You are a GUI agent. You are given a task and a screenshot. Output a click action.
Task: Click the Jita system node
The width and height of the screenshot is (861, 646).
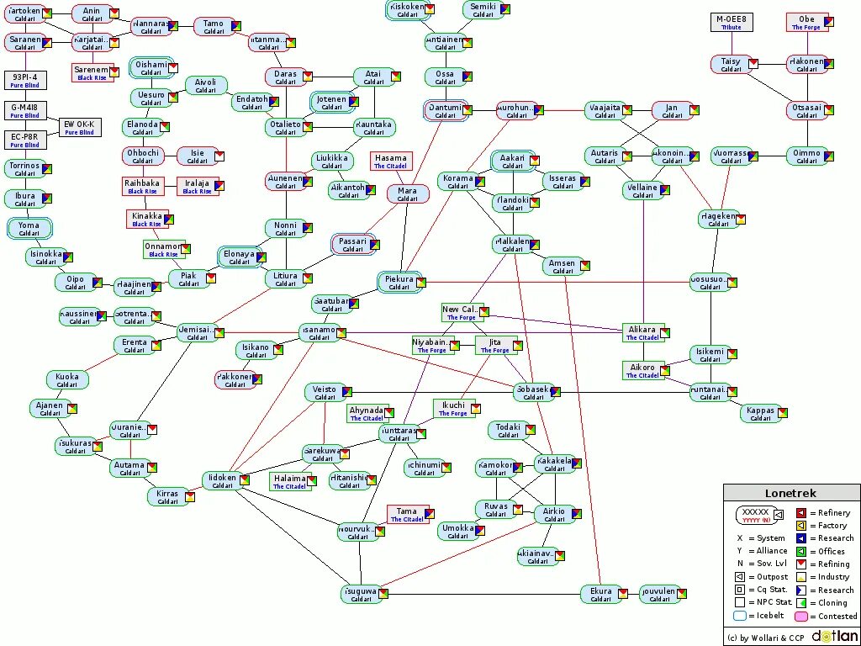[x=496, y=345]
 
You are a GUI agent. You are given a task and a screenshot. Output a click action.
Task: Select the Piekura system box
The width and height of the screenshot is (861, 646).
[x=399, y=283]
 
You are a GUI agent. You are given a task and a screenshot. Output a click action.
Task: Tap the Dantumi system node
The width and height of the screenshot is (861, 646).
[x=446, y=111]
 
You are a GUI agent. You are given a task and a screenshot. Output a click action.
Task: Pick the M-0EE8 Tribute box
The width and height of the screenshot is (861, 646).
[x=732, y=23]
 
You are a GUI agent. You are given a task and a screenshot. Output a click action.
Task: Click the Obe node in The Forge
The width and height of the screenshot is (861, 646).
[x=806, y=23]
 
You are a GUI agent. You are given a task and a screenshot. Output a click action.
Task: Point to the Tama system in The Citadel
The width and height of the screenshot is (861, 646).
[x=407, y=515]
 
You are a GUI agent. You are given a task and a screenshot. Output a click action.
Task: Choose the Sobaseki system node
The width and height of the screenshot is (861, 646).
[x=534, y=393]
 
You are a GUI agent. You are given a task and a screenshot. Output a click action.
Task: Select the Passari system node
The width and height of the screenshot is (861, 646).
[x=353, y=245]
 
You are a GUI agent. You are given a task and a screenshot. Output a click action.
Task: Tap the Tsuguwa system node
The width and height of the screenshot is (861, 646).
[x=362, y=594]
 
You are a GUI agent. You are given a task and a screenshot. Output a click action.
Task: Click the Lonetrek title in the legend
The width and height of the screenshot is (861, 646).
[x=790, y=494]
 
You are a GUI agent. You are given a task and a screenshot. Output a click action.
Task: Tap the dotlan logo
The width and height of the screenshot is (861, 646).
[x=834, y=636]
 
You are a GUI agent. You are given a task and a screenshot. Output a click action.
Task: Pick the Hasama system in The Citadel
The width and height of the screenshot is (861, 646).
[x=391, y=161]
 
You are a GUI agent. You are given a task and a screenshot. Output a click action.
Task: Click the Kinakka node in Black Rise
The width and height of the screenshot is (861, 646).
[x=147, y=220]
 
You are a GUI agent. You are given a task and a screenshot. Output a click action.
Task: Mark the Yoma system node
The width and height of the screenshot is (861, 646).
[x=29, y=229]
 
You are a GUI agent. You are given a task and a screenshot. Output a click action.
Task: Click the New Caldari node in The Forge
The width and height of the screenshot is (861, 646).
[x=462, y=313]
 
